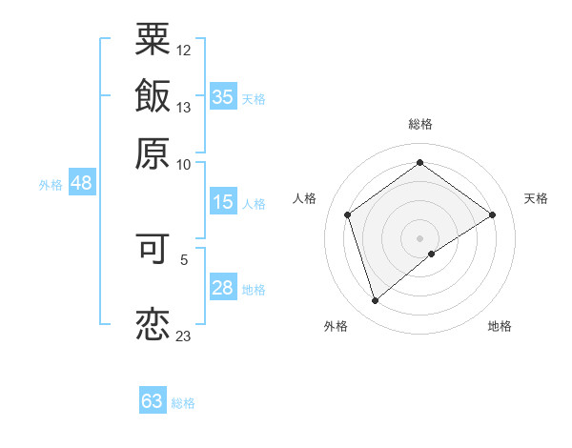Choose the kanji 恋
[x=153, y=324]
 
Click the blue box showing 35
[x=223, y=96]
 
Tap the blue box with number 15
[x=223, y=202]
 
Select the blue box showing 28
[x=223, y=288]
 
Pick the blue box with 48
[x=81, y=183]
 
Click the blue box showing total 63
[x=153, y=401]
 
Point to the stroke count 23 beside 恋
[x=183, y=335]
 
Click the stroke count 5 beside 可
[x=184, y=257]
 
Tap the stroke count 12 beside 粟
[x=183, y=49]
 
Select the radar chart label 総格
[x=420, y=124]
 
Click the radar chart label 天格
[x=536, y=198]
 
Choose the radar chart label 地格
[x=500, y=326]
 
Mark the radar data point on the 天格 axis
[x=492, y=214]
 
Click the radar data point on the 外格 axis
[x=375, y=301]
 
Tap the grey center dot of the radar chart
[x=420, y=237]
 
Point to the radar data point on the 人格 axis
[x=348, y=214]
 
